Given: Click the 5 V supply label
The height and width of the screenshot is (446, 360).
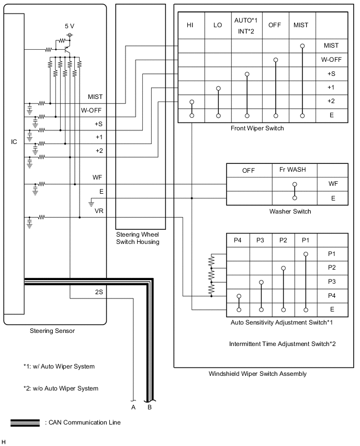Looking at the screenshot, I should point(70,26).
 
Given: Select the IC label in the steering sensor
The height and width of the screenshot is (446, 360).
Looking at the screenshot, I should point(14,141).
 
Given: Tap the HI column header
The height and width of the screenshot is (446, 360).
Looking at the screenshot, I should point(190,25).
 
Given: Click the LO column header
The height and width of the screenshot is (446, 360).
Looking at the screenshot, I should point(218,25).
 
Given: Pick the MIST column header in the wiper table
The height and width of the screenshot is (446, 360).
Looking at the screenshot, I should point(301,25).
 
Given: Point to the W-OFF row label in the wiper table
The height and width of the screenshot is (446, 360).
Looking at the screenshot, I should point(331,60).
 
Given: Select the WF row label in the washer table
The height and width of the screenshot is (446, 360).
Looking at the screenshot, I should point(332,184).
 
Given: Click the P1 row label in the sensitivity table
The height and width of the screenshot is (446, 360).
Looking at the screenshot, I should point(331,254).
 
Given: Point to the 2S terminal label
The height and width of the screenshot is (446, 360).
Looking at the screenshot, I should point(99,293).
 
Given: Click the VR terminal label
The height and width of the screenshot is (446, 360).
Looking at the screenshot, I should point(99,211).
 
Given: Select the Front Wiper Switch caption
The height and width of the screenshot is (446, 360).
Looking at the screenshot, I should point(257,128).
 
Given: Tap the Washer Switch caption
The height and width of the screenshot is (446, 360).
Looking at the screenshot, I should point(290,211).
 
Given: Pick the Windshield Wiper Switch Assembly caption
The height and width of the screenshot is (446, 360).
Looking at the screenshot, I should point(257,374).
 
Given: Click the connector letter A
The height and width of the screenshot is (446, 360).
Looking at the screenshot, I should point(133,406).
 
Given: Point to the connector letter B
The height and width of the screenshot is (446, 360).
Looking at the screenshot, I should point(150,406).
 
